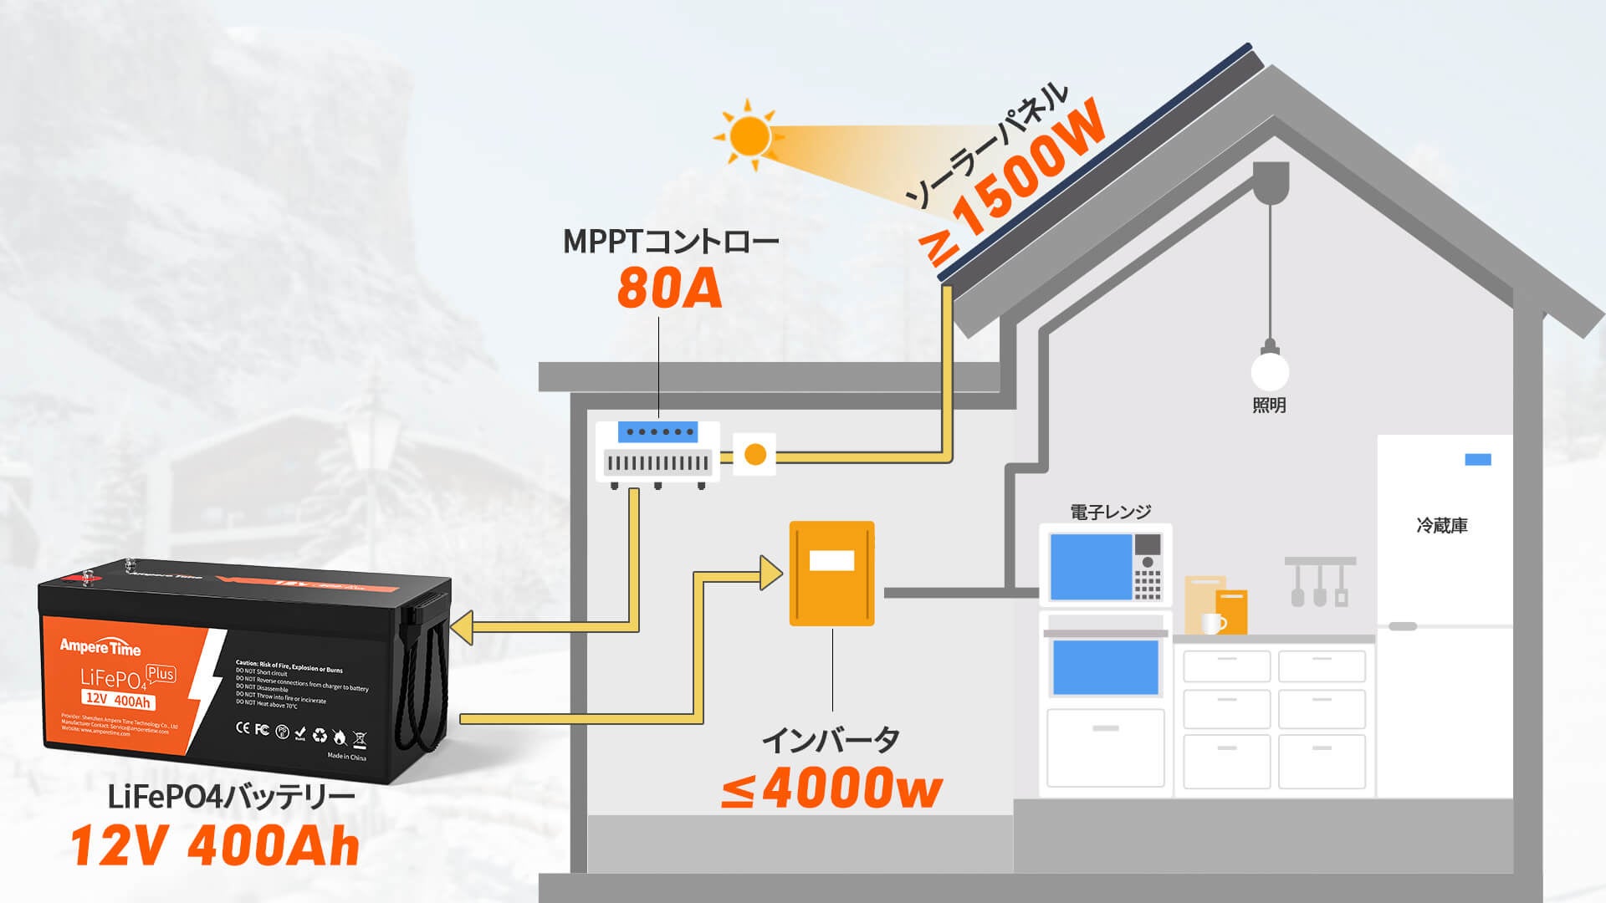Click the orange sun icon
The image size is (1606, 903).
pyautogui.click(x=749, y=135)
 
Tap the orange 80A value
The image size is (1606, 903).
pyautogui.click(x=669, y=289)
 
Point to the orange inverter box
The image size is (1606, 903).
pyautogui.click(x=831, y=574)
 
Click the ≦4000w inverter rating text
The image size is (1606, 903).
pyautogui.click(x=831, y=788)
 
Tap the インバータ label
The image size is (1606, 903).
pyautogui.click(x=831, y=740)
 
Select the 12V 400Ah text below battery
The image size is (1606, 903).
pyautogui.click(x=215, y=845)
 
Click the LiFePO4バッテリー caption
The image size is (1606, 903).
pyautogui.click(x=231, y=797)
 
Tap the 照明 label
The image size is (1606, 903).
pyautogui.click(x=1269, y=406)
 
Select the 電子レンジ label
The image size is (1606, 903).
pyautogui.click(x=1110, y=512)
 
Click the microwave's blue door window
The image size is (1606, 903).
pyautogui.click(x=1090, y=566)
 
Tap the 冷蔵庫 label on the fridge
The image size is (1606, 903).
pyautogui.click(x=1442, y=526)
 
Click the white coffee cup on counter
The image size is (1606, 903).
pyautogui.click(x=1213, y=623)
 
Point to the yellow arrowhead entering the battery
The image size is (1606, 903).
pyautogui.click(x=463, y=627)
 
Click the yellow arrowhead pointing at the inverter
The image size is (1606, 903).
pyautogui.click(x=770, y=573)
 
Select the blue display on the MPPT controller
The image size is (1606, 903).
pyautogui.click(x=657, y=432)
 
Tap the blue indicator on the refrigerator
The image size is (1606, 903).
pyautogui.click(x=1478, y=460)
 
